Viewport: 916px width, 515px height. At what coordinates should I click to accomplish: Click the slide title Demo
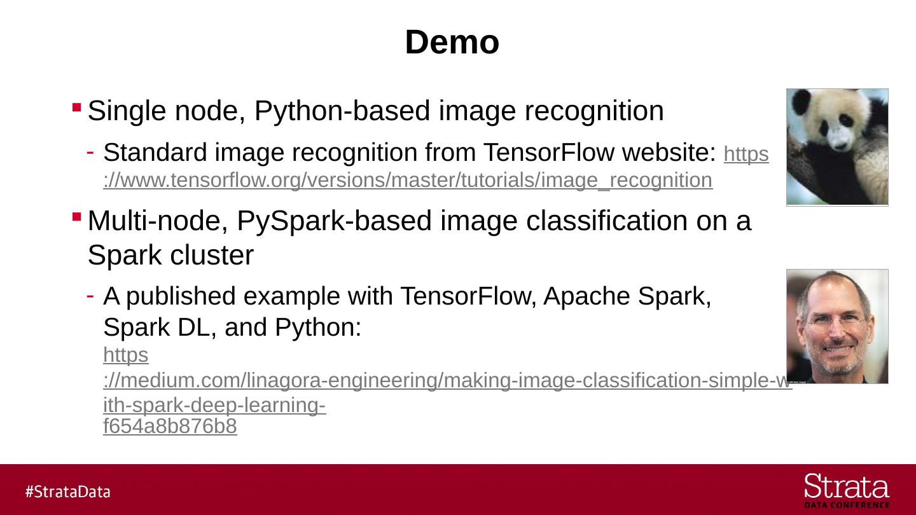click(x=452, y=43)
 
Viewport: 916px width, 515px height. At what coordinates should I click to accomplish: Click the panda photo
click(x=837, y=147)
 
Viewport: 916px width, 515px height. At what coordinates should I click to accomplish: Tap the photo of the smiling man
click(x=837, y=326)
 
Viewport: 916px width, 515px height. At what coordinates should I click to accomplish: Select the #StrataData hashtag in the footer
click(x=68, y=491)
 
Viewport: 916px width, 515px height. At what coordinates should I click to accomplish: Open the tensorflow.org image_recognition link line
click(x=407, y=181)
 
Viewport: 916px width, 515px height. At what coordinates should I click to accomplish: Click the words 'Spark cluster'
click(x=170, y=256)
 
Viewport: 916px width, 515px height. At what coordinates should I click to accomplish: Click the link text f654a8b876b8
click(x=170, y=427)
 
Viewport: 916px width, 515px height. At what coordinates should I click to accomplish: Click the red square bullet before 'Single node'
click(x=76, y=106)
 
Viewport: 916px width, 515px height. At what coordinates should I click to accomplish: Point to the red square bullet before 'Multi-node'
click(x=76, y=216)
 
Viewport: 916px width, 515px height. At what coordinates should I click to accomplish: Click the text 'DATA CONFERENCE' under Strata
click(x=847, y=505)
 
